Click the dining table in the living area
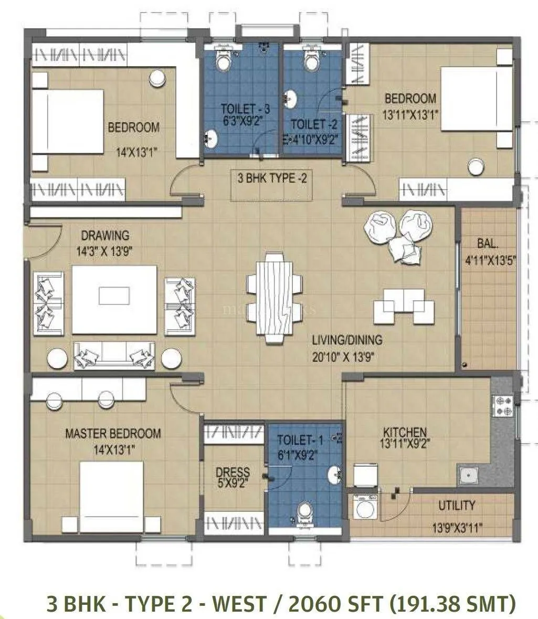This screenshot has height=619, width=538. point(273,298)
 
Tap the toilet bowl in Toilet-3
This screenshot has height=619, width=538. point(224,62)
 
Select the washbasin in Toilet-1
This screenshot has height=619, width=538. point(334,475)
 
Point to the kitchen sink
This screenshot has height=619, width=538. point(467,476)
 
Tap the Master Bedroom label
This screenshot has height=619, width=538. point(113,434)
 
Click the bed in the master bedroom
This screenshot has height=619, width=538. point(111,496)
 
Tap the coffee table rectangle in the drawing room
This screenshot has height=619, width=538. point(114,296)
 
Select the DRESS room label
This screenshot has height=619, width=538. point(233,472)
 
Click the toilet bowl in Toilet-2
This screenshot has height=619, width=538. point(312,62)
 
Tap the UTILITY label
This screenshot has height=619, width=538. point(457,505)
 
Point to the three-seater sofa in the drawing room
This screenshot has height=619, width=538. point(114,356)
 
